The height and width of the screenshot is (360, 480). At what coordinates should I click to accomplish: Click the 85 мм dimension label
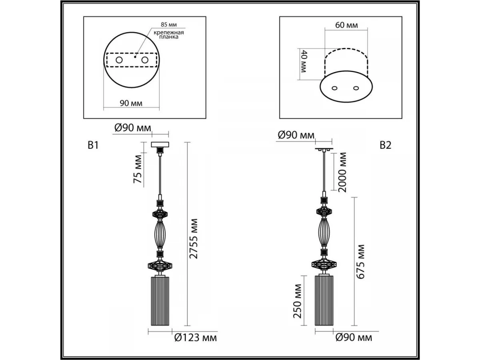pyautogui.click(x=169, y=24)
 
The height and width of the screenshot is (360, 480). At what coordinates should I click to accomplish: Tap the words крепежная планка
pyautogui.click(x=169, y=35)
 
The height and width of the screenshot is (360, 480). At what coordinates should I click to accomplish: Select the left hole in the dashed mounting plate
pyautogui.click(x=119, y=60)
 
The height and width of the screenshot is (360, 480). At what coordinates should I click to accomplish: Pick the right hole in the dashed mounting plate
pyautogui.click(x=145, y=60)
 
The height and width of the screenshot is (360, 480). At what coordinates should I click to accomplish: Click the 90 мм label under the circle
pyautogui.click(x=131, y=103)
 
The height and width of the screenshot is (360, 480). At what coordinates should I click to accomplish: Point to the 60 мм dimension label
pyautogui.click(x=347, y=25)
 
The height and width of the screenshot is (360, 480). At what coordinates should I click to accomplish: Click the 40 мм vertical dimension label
pyautogui.click(x=304, y=61)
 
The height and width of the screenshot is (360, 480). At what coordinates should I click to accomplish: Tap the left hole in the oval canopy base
pyautogui.click(x=334, y=88)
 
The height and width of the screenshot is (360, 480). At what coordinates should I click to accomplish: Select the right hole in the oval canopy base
pyautogui.click(x=356, y=88)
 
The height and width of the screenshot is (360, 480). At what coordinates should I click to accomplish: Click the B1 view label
pyautogui.click(x=93, y=145)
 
